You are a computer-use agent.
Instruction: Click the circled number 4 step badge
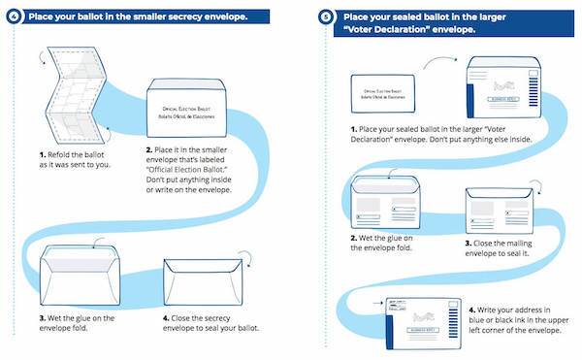click(x=12, y=16)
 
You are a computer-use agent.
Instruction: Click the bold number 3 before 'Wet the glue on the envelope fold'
click(x=44, y=316)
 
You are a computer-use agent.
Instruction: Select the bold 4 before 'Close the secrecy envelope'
click(x=166, y=316)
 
